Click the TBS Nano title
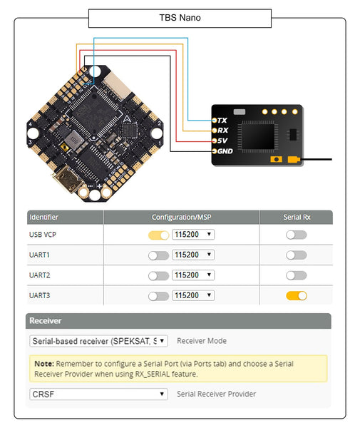(179, 18)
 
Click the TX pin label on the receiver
(222, 121)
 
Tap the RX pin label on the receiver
(222, 131)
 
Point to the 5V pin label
(222, 141)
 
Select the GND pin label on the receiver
(225, 151)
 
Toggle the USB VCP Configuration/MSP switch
(158, 235)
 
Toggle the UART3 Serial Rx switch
(296, 295)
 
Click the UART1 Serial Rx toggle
(296, 255)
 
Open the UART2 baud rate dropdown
(193, 275)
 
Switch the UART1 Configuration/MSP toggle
(158, 255)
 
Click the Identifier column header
(43, 217)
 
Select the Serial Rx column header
(296, 217)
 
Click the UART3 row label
(40, 295)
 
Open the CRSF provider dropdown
(99, 394)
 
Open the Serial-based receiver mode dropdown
(99, 341)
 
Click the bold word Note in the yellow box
(44, 363)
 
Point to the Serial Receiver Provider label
(216, 394)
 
